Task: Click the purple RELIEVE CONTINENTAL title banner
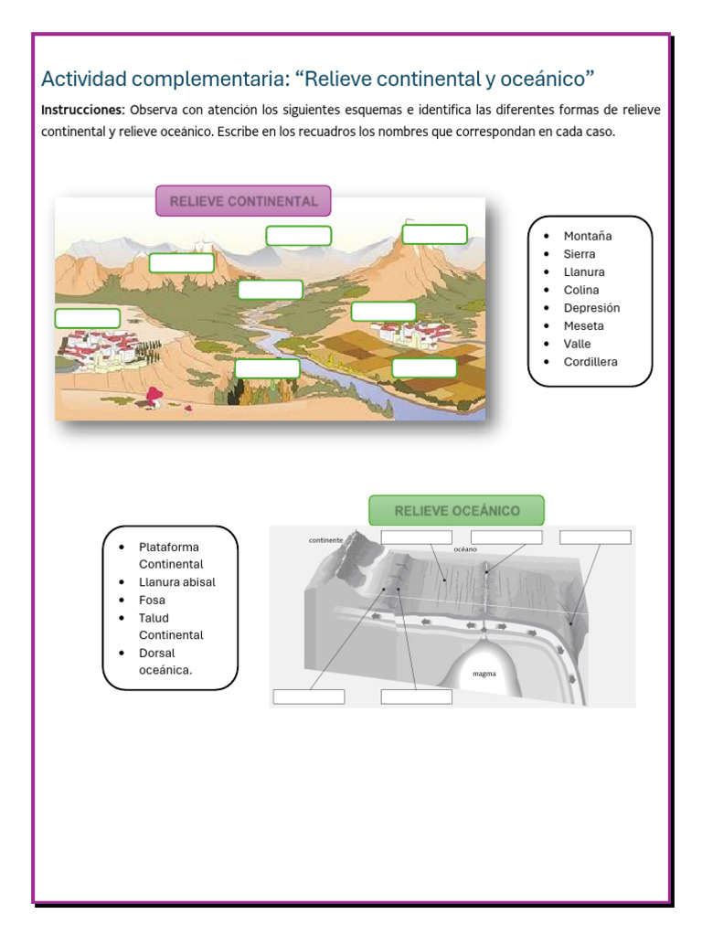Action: pos(243,201)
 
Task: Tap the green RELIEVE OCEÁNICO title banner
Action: pos(456,511)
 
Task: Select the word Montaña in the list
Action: pos(588,236)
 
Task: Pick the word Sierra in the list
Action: pos(580,254)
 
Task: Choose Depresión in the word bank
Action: pos(591,308)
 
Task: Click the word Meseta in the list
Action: pos(583,325)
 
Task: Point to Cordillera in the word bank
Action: pos(590,362)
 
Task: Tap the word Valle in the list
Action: pos(577,344)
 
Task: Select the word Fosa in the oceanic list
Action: pos(152,601)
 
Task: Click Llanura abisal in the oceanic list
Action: pos(177,582)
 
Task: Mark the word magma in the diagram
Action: pos(484,675)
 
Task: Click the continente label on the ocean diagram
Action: pos(325,540)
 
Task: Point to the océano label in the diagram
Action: pos(466,550)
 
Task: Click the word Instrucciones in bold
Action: pos(82,110)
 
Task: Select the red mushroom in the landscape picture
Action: pos(154,396)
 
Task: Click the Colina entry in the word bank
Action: pos(581,290)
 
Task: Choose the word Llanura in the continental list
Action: pos(584,272)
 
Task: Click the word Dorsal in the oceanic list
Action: pos(156,654)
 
